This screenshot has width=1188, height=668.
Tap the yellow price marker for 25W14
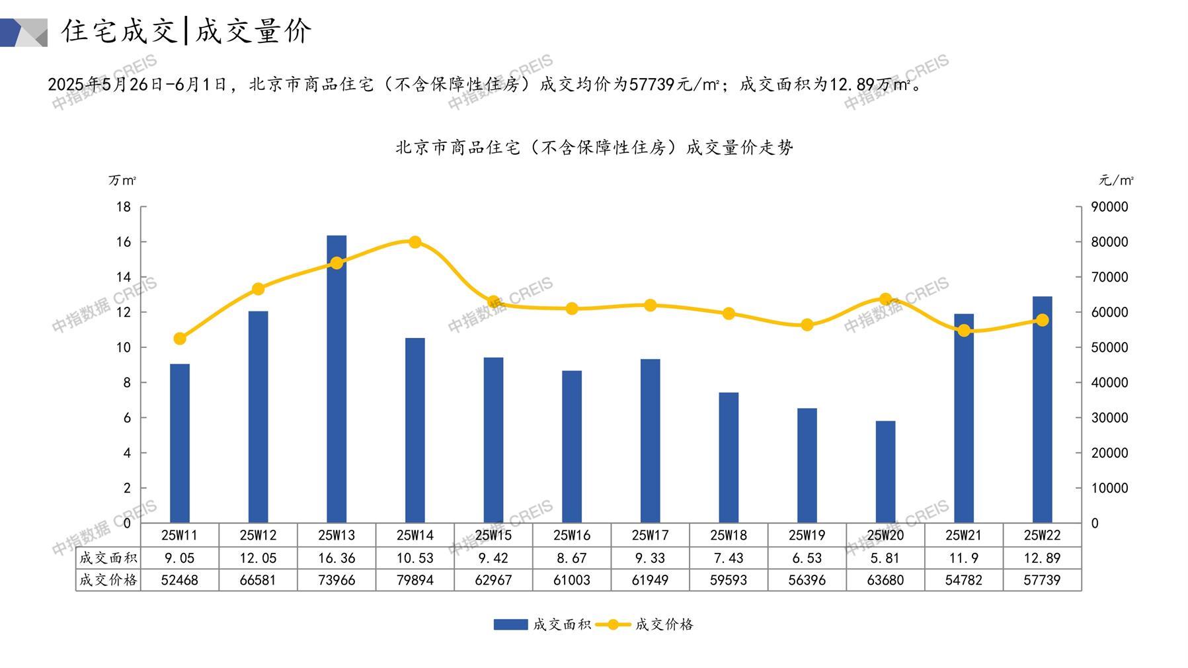click(415, 242)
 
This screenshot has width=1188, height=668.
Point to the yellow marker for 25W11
click(180, 339)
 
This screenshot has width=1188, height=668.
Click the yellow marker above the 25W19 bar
click(807, 325)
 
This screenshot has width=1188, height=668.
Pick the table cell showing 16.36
click(337, 558)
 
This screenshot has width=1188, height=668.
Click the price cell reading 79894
click(415, 580)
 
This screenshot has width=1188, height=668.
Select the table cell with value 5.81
click(885, 558)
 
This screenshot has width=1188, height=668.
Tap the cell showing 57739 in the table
click(1042, 580)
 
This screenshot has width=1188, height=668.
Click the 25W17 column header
click(650, 535)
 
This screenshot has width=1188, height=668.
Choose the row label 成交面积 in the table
click(108, 558)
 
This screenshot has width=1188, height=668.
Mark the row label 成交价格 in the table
click(108, 580)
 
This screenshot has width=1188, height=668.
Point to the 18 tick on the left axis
click(124, 207)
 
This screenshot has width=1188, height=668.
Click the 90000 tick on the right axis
click(1109, 207)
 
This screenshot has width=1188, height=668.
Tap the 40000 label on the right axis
click(1109, 382)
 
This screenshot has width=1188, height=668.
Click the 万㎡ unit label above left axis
click(123, 180)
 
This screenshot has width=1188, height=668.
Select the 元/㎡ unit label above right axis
click(1116, 180)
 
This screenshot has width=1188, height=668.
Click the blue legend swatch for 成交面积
click(510, 624)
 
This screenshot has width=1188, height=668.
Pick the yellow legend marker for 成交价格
click(613, 624)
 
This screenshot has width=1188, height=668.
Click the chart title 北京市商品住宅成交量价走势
click(594, 147)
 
